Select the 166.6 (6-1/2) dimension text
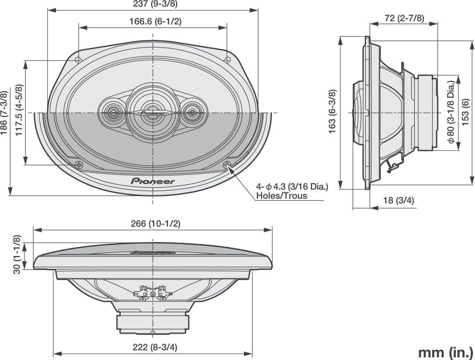(155, 21)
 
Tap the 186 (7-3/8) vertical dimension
(4, 113)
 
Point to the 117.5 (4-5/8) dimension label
(19, 110)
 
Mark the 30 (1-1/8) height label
(17, 255)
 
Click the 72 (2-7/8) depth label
(404, 18)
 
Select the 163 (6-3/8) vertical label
(333, 111)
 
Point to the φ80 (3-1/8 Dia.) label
(451, 112)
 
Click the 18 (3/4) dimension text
(398, 200)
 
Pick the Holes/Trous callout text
(281, 196)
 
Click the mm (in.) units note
(445, 352)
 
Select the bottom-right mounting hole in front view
(227, 165)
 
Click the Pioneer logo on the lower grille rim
(153, 181)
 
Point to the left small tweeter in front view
(113, 112)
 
